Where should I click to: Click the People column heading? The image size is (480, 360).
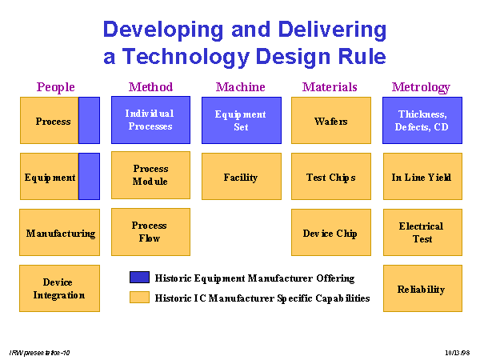click(56, 87)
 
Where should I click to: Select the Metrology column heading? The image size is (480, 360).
click(421, 87)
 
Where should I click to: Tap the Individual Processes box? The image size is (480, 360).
click(150, 120)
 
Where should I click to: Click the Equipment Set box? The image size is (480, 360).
click(242, 120)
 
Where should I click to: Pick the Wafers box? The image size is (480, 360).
click(331, 120)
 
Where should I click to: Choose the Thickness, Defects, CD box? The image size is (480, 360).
click(422, 120)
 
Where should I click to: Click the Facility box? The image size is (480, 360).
click(242, 176)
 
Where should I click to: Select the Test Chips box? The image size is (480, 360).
click(331, 176)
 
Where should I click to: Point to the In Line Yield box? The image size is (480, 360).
click(422, 176)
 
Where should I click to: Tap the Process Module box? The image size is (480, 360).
click(150, 175)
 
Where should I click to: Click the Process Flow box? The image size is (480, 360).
click(150, 232)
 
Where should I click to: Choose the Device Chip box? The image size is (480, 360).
click(331, 232)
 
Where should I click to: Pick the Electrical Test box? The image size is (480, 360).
click(422, 232)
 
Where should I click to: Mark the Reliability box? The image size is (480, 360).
click(422, 288)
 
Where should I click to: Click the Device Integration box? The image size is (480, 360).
click(59, 288)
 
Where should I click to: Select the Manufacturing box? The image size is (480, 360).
click(59, 232)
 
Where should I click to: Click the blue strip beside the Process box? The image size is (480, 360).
click(89, 120)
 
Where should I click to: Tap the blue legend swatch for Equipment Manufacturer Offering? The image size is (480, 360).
click(139, 277)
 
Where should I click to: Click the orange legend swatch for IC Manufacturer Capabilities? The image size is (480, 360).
click(139, 298)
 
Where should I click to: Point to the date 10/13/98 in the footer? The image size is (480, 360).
click(458, 353)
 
